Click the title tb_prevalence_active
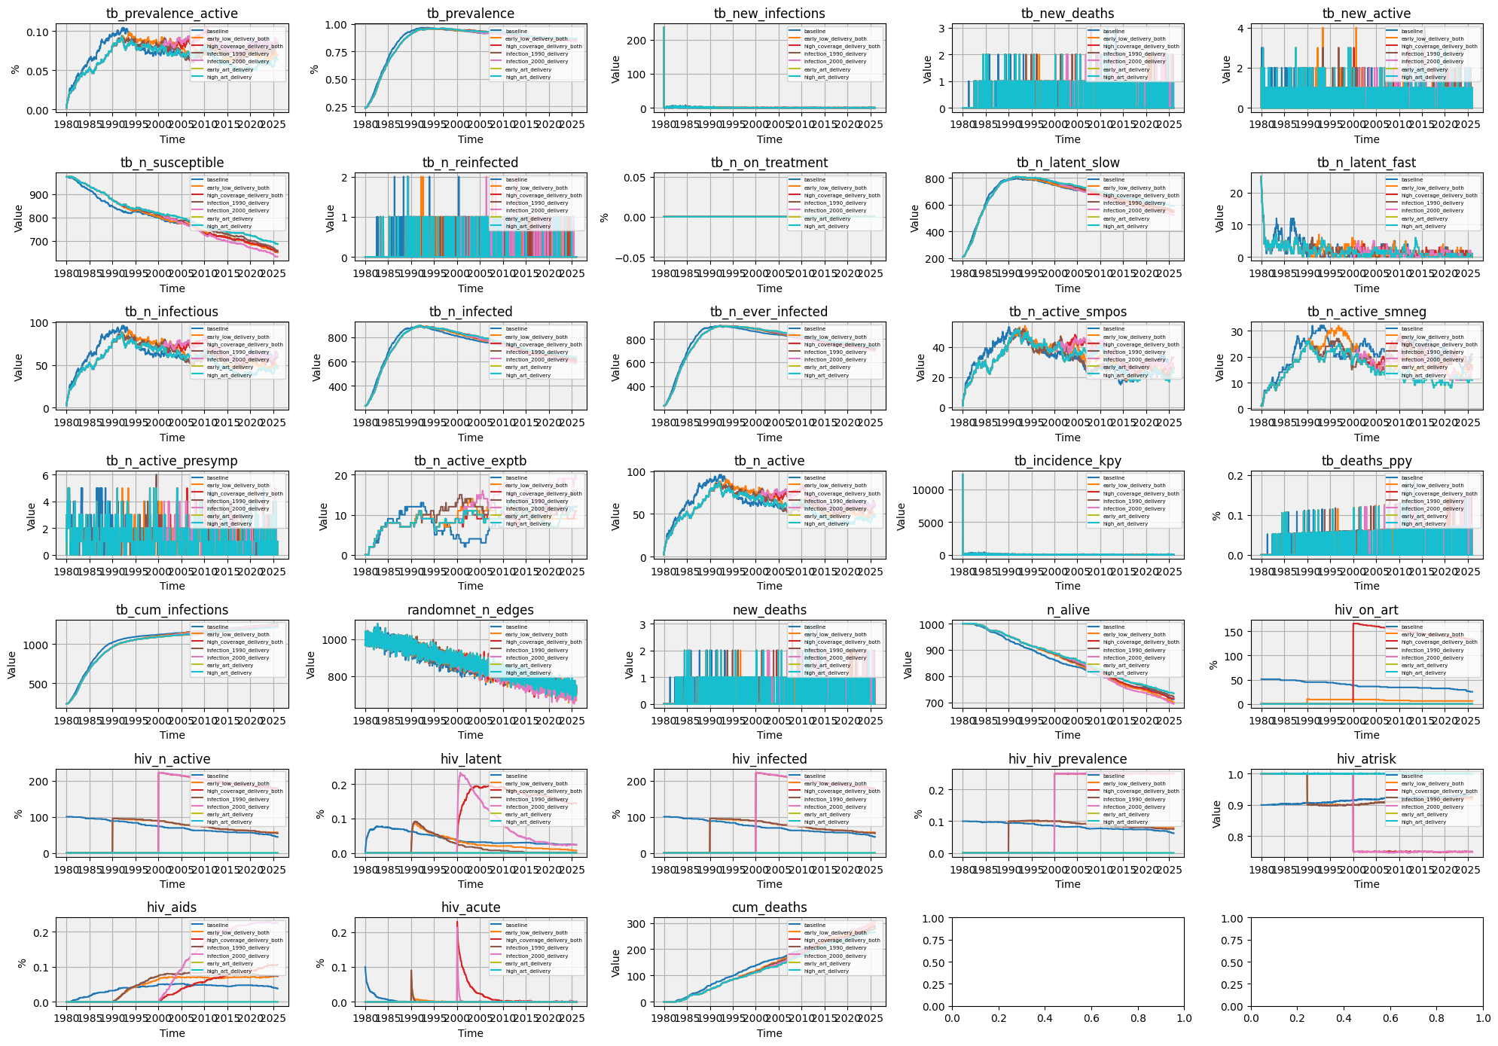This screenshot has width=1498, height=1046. point(172,14)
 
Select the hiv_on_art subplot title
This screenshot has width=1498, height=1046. point(1366,610)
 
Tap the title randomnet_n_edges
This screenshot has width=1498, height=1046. point(470,610)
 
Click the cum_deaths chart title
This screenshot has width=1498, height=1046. point(769,907)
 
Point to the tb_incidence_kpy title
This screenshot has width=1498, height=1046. point(1067,461)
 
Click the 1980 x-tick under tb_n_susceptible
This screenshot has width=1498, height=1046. point(66,274)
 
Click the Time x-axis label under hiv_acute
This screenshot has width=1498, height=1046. point(470,1033)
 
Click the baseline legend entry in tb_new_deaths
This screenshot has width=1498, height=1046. point(1114,32)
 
